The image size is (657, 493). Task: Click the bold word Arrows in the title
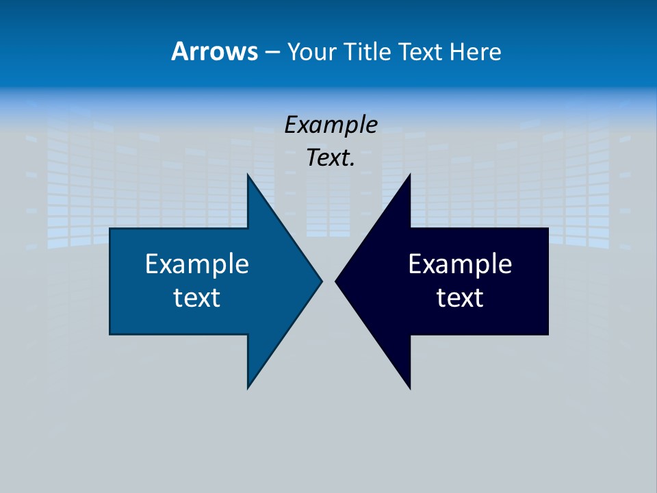pyautogui.click(x=214, y=51)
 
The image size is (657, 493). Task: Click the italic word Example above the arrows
pyautogui.click(x=331, y=125)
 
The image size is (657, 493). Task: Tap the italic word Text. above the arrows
pyautogui.click(x=329, y=158)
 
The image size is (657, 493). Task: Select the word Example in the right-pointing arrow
pyautogui.click(x=197, y=264)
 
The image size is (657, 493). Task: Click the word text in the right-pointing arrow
pyautogui.click(x=197, y=298)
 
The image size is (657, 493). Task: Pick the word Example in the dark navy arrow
pyautogui.click(x=460, y=264)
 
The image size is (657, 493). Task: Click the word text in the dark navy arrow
pyautogui.click(x=460, y=298)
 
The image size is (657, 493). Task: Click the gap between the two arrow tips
pyautogui.click(x=328, y=281)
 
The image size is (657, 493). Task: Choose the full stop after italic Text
pyautogui.click(x=352, y=165)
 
